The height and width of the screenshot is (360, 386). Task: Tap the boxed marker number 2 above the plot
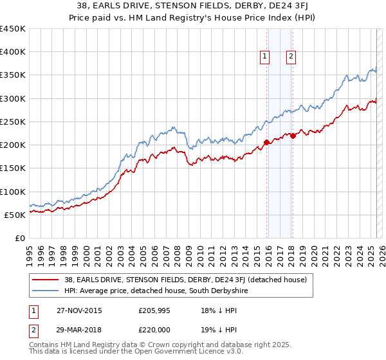click(291, 57)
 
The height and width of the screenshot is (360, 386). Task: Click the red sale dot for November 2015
click(266, 142)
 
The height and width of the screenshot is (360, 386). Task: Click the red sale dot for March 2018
click(293, 136)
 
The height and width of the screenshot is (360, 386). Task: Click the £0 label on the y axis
click(20, 238)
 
